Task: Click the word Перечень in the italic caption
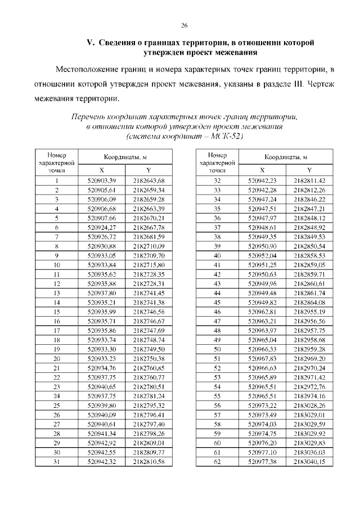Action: pyautogui.click(x=88, y=116)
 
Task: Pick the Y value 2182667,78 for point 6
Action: pyautogui.click(x=148, y=227)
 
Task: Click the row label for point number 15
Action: pyautogui.click(x=57, y=311)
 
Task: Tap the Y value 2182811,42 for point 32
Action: pyautogui.click(x=309, y=181)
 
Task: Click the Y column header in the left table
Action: pyautogui.click(x=148, y=170)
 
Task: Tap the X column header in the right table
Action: pyautogui.click(x=262, y=170)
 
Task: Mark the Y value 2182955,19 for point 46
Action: pyautogui.click(x=309, y=311)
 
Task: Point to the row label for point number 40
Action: pyautogui.click(x=217, y=255)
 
